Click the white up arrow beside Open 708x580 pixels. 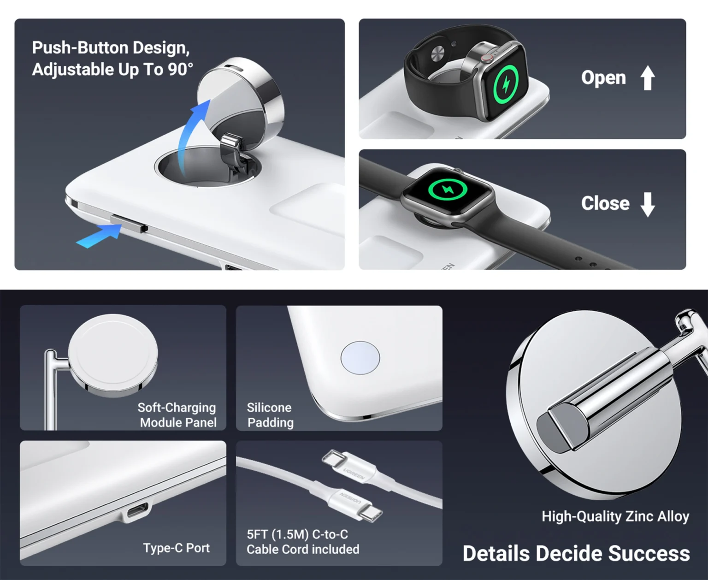click(x=648, y=78)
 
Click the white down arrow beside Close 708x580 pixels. click(x=648, y=205)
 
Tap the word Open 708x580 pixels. click(x=603, y=78)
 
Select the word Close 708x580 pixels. click(x=605, y=203)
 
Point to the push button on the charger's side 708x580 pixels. click(x=129, y=224)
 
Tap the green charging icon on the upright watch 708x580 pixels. click(x=506, y=85)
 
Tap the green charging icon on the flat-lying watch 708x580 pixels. click(x=448, y=189)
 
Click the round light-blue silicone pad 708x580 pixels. click(x=360, y=358)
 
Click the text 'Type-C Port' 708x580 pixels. click(x=176, y=548)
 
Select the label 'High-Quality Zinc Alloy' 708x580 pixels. click(x=615, y=516)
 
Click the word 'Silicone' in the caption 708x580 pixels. click(x=269, y=408)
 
